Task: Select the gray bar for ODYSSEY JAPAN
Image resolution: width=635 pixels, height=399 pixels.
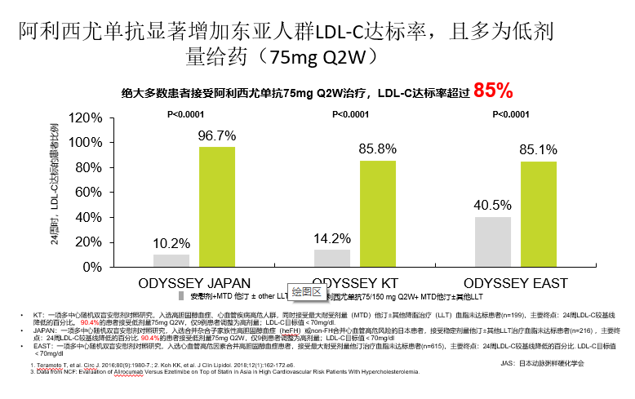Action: (171, 260)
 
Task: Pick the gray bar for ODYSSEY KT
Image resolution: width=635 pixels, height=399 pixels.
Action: (331, 258)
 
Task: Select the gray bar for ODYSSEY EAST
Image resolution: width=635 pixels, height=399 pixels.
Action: (492, 242)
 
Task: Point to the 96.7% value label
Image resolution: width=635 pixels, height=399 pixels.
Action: (217, 135)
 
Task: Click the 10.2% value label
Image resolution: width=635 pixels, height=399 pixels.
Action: (171, 243)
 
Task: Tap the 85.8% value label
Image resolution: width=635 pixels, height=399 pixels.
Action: (378, 149)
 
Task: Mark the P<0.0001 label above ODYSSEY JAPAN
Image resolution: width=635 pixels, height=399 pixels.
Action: (190, 114)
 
